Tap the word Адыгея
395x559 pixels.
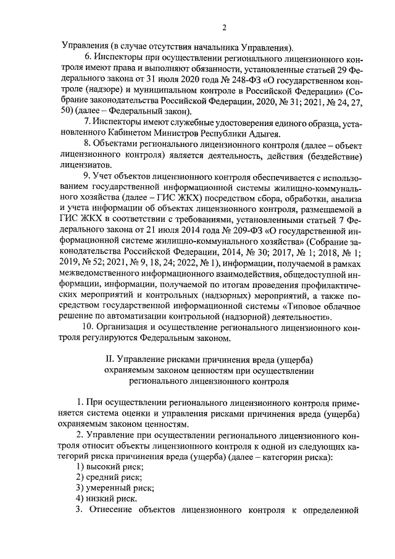pos(263,133)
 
